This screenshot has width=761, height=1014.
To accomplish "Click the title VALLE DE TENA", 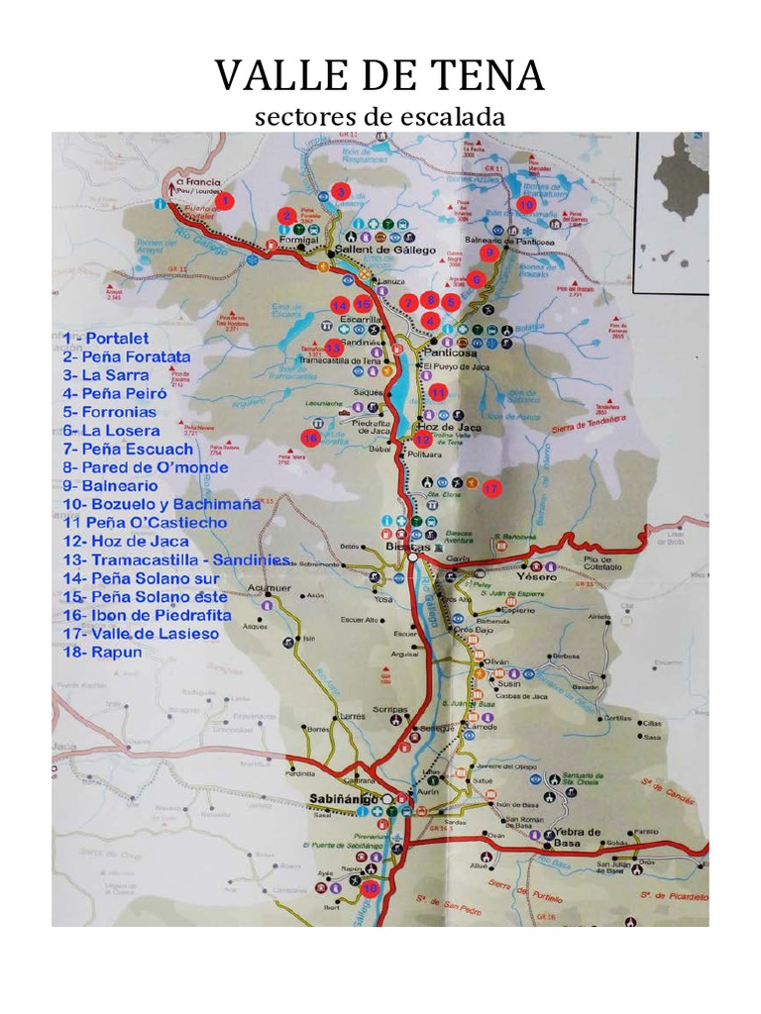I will tap(380, 76).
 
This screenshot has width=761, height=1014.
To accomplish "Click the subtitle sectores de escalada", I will tap(380, 117).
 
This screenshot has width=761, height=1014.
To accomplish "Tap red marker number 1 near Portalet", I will tap(225, 201).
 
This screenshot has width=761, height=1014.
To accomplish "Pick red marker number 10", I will tap(525, 204).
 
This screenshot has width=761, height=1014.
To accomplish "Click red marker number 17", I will tap(491, 488).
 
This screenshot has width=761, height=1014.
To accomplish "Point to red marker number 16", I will tap(309, 438).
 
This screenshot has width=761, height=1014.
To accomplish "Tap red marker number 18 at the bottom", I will tap(371, 889).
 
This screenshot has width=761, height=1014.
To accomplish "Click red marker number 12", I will tap(423, 439).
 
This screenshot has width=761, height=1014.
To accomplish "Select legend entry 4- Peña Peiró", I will tap(117, 393).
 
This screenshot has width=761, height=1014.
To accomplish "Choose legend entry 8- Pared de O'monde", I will tap(145, 467).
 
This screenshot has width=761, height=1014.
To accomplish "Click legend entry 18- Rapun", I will tap(102, 653).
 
